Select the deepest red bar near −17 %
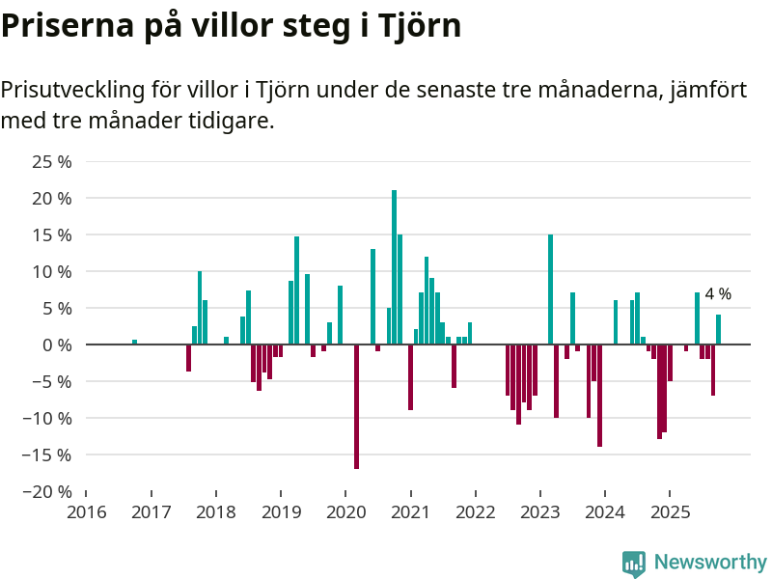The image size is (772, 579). tap(356, 406)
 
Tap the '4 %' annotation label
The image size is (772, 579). tap(718, 294)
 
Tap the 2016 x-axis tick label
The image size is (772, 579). tap(86, 511)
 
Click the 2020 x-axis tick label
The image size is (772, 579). tap(345, 511)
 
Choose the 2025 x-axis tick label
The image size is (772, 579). tap(670, 511)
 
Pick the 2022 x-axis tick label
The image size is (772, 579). tap(475, 511)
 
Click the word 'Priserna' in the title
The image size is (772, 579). tap(63, 26)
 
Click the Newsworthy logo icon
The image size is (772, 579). tap(634, 564)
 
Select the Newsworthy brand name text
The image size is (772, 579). tap(710, 563)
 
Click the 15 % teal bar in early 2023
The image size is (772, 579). tap(550, 289)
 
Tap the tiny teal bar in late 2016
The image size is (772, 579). tap(135, 342)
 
